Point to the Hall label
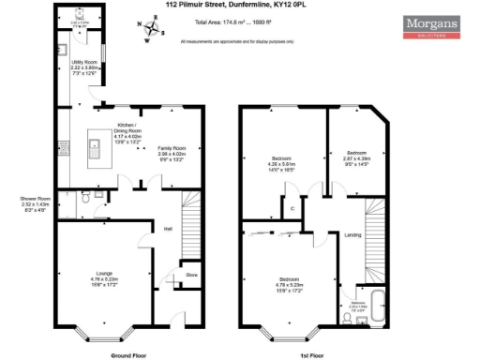pos(168,228)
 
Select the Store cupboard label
pos(191,275)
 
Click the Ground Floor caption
pos(129,355)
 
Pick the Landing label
pos(352,234)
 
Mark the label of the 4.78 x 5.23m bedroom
pos(289,282)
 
